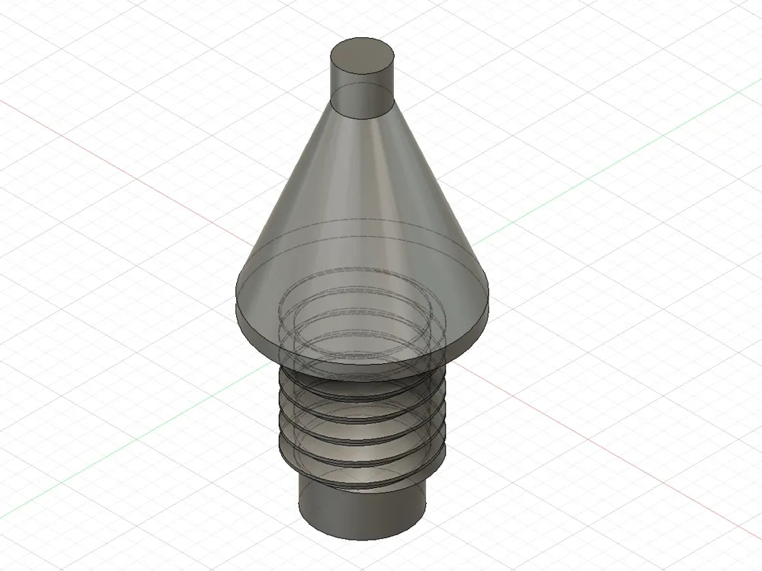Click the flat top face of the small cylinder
click(363, 56)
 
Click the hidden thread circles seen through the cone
click(358, 312)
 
